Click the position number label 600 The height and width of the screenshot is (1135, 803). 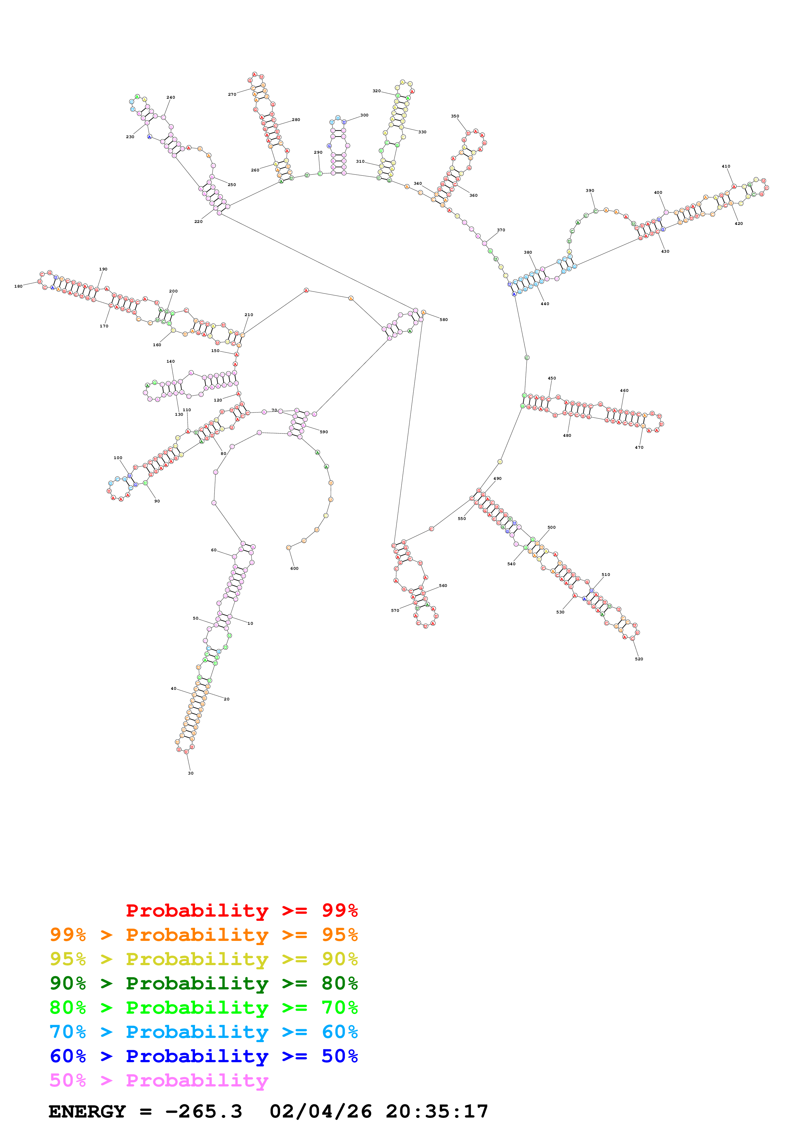pos(294,568)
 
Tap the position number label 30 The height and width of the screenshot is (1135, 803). pos(190,773)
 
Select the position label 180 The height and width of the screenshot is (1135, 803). pos(18,286)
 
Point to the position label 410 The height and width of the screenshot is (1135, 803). pos(726,167)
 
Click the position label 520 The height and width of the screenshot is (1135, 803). pos(639,659)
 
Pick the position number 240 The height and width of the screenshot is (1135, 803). pos(171,97)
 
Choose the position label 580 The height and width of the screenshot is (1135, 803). pos(444,320)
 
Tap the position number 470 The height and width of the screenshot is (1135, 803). pos(639,447)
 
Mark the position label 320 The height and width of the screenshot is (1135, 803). pos(376,91)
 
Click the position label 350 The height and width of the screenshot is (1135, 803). pos(455,116)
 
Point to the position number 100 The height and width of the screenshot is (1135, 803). pos(118,458)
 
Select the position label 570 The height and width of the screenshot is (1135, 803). pos(395,611)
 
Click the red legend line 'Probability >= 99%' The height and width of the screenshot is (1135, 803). pos(241,910)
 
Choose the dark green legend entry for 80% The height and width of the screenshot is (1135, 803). pos(203,983)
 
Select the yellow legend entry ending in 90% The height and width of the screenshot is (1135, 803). pos(203,959)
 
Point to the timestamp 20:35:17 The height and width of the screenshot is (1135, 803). pos(437,1112)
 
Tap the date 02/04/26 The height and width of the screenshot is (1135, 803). pos(321,1112)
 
